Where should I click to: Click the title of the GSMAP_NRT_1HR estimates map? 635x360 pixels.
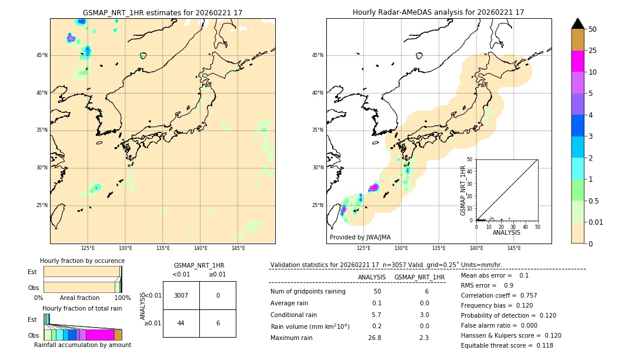162,12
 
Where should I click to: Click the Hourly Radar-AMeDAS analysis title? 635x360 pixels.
438,12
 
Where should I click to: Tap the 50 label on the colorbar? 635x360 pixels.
593,29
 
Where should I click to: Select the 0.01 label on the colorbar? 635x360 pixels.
596,222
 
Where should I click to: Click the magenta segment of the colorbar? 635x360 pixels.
577,61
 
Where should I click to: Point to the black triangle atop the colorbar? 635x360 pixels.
577,24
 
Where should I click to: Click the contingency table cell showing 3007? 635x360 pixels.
181,295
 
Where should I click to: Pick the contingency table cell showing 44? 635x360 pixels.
181,323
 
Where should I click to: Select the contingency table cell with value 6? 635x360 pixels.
218,323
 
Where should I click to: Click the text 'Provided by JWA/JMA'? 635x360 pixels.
360,237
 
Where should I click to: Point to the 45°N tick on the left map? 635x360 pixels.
42,55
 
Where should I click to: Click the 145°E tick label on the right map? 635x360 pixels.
514,248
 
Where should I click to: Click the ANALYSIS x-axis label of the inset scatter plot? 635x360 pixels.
506,232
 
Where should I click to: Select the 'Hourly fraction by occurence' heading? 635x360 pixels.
82,261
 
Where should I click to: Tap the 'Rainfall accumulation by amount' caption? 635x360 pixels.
82,345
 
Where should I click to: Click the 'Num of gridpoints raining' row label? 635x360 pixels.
308,291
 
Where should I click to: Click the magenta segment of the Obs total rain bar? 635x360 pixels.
100,335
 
